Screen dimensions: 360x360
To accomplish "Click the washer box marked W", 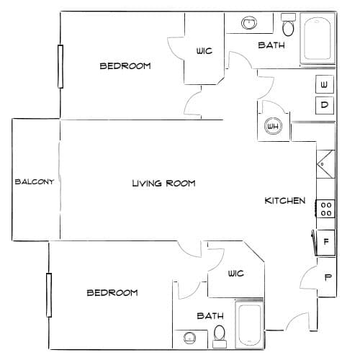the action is (x=325, y=84).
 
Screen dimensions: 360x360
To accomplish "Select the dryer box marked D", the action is (x=325, y=105).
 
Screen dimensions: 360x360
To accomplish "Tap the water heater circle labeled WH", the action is (x=273, y=126).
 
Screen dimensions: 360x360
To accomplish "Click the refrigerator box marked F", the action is (x=325, y=242).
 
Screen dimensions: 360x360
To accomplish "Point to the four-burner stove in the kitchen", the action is (x=325, y=209).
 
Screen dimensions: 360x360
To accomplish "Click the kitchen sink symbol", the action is (x=325, y=164).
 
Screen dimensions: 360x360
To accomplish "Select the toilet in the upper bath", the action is (x=288, y=25).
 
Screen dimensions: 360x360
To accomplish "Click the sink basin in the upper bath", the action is (x=249, y=23).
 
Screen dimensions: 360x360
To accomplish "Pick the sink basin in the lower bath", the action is (x=189, y=338).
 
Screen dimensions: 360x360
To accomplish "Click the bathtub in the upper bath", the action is (x=318, y=38).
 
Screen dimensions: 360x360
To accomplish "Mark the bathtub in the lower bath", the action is (x=249, y=325).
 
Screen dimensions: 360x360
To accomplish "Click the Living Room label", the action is (x=164, y=184).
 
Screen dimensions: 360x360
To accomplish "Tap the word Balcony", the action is (x=35, y=181).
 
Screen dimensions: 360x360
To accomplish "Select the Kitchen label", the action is (x=285, y=200).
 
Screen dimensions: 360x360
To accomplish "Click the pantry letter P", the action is (x=328, y=277).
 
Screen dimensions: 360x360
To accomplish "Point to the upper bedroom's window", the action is (x=60, y=66).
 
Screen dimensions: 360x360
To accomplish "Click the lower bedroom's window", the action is (x=49, y=295).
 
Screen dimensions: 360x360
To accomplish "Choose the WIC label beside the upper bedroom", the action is (x=204, y=51).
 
